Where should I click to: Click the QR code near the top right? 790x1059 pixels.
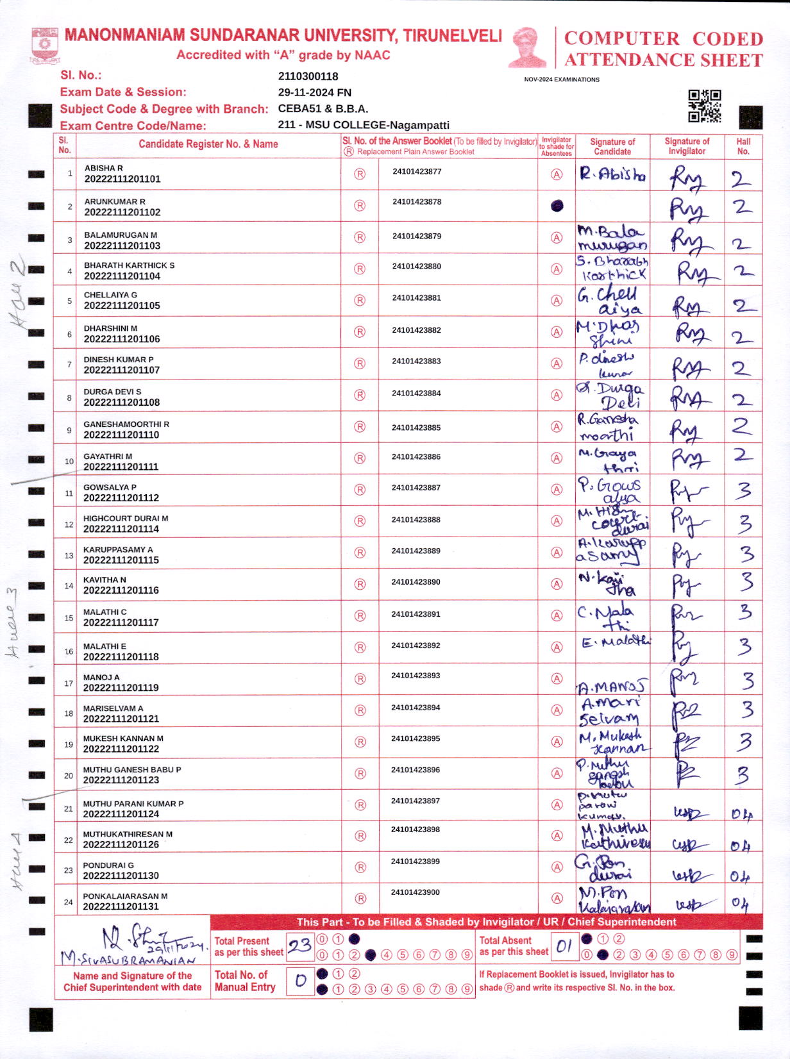point(704,106)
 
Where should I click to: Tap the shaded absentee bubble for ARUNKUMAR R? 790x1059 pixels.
point(557,206)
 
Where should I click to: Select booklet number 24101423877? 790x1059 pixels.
point(417,172)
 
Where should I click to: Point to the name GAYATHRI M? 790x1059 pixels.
point(108,456)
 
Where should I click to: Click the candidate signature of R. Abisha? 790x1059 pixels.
point(612,174)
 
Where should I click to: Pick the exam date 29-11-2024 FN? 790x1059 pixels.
point(314,92)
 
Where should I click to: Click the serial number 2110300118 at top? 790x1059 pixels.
point(308,76)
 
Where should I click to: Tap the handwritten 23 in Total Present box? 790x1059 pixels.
point(299,946)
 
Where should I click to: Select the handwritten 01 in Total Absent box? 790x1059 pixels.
point(564,946)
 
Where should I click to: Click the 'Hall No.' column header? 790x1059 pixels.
point(743,146)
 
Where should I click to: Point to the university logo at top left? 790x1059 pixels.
point(45,45)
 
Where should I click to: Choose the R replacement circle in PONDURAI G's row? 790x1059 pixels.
point(360,867)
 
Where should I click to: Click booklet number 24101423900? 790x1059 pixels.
point(416,892)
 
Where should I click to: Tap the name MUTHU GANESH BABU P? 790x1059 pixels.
point(132,769)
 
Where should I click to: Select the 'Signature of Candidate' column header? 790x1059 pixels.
point(612,146)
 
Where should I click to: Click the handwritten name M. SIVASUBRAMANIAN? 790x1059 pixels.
point(128,960)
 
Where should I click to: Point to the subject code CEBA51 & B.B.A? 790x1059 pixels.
point(323,109)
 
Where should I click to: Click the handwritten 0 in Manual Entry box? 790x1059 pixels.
point(300,981)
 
